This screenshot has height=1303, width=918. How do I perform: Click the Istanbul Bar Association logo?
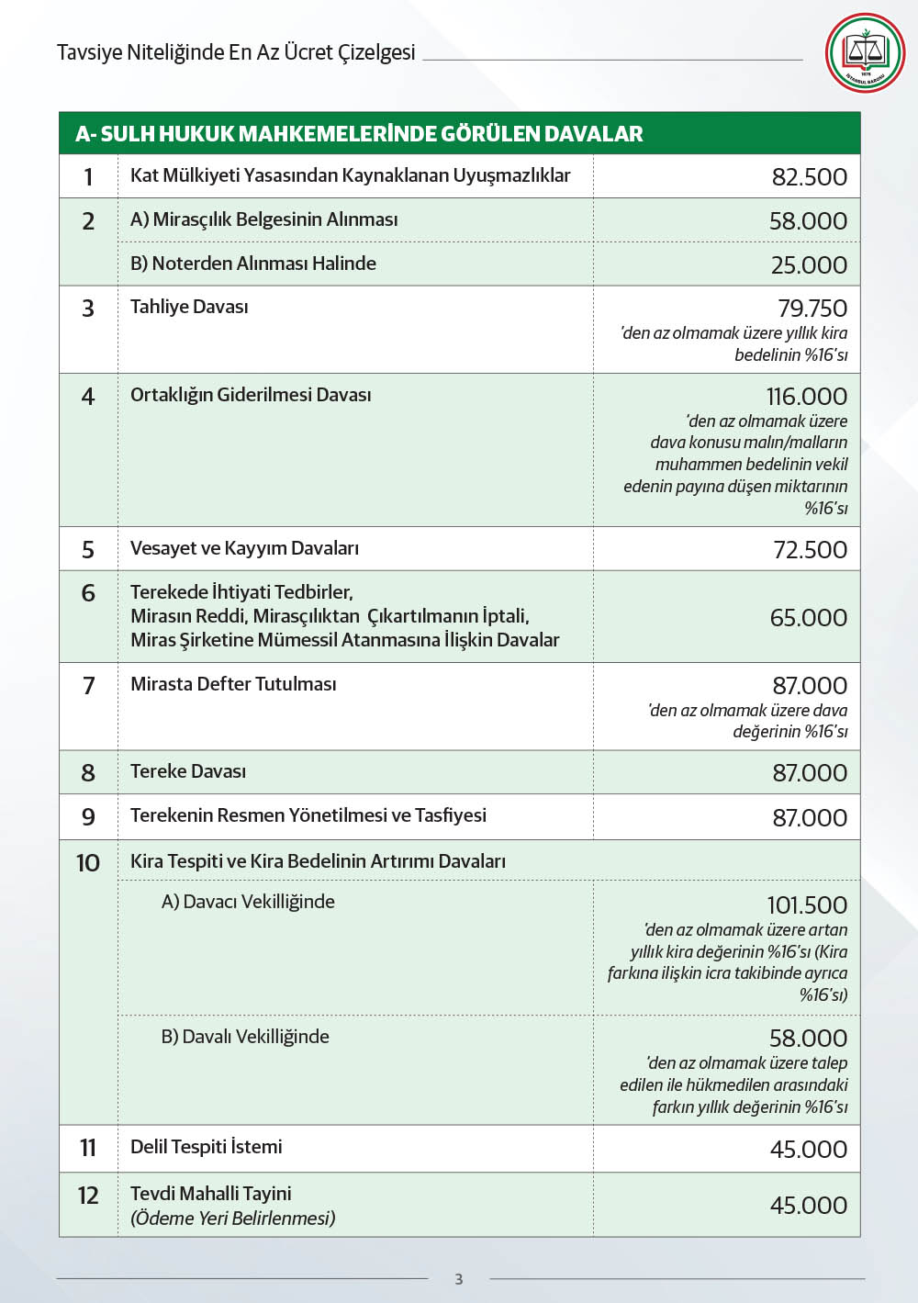(865, 52)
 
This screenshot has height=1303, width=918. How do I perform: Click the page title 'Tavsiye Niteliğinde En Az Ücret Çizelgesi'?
(236, 52)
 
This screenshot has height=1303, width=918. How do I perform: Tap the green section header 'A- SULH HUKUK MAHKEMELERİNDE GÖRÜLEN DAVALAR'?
(359, 134)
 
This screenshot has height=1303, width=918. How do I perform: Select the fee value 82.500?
(809, 176)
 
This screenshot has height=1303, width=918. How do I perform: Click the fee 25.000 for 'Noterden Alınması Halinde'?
(809, 264)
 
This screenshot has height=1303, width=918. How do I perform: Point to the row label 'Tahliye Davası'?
(189, 307)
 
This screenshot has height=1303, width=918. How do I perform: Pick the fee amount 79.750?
(812, 309)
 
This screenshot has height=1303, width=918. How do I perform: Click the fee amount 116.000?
(807, 397)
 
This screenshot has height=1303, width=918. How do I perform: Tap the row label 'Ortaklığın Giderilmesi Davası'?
(251, 395)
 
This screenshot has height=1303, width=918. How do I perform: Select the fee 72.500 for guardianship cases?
(810, 549)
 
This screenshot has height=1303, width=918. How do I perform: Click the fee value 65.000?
(808, 617)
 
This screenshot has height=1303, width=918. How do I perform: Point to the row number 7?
(88, 686)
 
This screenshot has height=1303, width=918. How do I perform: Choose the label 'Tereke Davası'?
(188, 771)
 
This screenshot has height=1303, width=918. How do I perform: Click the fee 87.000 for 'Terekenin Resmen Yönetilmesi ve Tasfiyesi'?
(810, 817)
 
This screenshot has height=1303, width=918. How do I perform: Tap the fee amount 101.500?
(807, 904)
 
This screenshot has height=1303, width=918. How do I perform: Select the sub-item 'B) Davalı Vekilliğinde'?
(245, 1037)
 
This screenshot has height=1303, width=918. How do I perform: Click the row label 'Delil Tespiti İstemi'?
(207, 1147)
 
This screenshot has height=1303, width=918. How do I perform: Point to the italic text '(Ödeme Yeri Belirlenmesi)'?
(233, 1219)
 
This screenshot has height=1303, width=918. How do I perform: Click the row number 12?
(88, 1196)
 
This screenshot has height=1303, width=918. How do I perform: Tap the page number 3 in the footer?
(459, 1279)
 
